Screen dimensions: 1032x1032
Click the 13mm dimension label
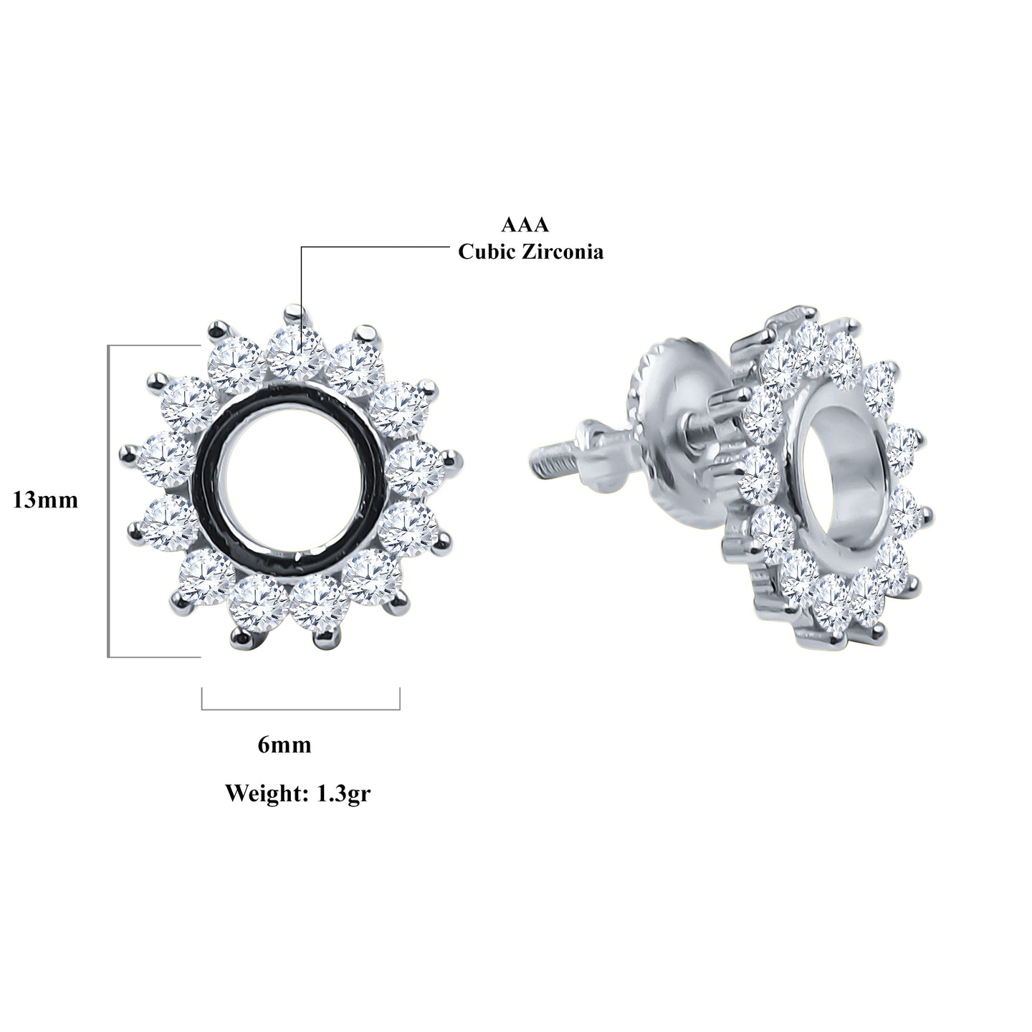coord(45,500)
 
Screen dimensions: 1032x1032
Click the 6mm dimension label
coord(285,745)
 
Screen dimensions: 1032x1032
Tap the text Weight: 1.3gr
coord(297,793)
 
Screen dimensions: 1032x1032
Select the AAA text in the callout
coord(525,225)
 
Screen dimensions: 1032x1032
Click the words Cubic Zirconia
coord(531,252)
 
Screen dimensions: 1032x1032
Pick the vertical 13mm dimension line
coord(108,500)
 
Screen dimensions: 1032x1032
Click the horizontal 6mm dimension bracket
coord(301,709)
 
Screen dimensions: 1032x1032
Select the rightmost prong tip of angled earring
coord(929,512)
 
